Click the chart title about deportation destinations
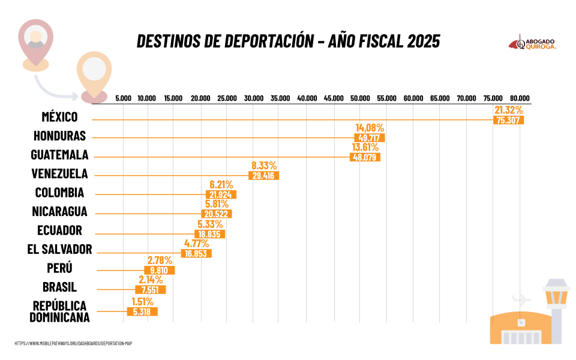(288, 41)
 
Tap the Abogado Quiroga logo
(532, 43)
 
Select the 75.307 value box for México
(509, 120)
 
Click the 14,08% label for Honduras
(370, 128)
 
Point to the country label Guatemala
(59, 155)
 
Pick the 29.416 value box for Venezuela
(263, 176)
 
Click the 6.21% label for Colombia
(221, 185)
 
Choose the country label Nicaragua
(59, 211)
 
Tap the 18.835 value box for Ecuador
(210, 234)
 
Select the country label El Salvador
(59, 249)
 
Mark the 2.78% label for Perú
(160, 260)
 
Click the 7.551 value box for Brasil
(151, 290)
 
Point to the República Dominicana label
(59, 311)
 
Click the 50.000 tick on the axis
(360, 98)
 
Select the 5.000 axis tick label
(123, 98)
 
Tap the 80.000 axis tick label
(520, 98)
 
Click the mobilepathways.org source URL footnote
(73, 343)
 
